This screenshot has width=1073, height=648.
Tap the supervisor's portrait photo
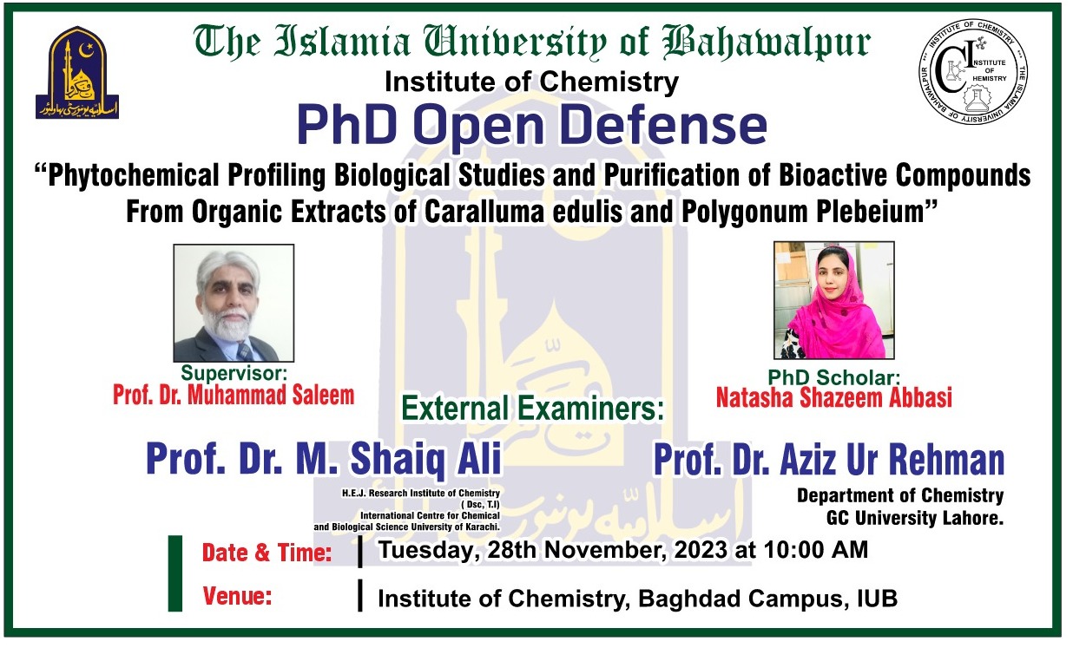234,303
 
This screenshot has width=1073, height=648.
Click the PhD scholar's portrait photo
833,300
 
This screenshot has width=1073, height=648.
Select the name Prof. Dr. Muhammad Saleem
234,396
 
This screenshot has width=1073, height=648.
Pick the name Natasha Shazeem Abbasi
833,398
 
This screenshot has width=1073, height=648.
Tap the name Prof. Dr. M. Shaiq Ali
324,459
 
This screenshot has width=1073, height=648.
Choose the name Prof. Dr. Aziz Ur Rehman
828,460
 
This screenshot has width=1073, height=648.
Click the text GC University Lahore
914,519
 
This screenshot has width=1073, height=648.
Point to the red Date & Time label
267,553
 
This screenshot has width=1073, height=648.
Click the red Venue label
237,596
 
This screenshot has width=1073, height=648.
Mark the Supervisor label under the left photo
234,374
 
